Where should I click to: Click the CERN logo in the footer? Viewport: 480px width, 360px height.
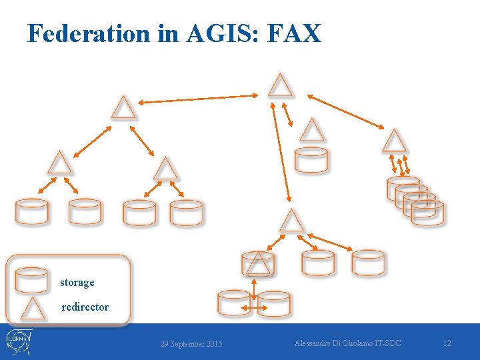tap(18, 342)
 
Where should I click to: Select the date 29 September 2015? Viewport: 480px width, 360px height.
tap(191, 344)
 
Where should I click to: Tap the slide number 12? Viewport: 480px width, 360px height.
tap(447, 343)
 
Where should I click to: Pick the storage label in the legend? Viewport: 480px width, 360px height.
tap(77, 283)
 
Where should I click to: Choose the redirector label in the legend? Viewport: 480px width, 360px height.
tap(85, 307)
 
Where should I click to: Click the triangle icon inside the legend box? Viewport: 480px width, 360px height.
tap(32, 309)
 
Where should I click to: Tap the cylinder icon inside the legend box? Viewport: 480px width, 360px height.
tap(32, 280)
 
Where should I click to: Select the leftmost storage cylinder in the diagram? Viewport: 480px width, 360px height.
tap(32, 212)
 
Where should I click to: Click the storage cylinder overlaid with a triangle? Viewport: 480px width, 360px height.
tap(257, 264)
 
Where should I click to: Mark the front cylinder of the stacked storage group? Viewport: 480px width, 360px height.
tap(427, 213)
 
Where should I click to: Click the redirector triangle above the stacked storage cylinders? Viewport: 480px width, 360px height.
tap(394, 141)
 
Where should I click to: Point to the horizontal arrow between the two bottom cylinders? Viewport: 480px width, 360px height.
tap(253, 307)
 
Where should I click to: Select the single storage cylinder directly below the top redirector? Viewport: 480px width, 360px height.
tap(311, 161)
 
